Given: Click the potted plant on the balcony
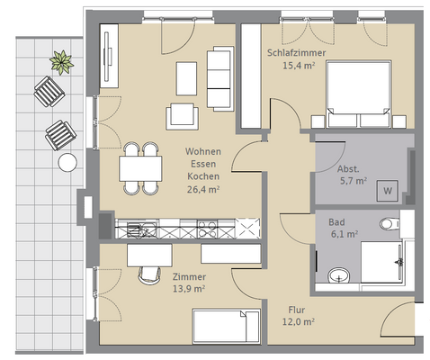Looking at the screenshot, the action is [x=61, y=62].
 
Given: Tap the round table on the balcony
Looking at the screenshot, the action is [x=67, y=162].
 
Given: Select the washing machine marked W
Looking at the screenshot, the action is [x=388, y=191].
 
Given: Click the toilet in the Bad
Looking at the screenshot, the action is [x=390, y=223].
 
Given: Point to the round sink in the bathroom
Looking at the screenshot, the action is [x=339, y=276].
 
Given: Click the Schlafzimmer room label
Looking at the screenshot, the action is [x=296, y=53].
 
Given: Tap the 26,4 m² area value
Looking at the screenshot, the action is [x=203, y=190].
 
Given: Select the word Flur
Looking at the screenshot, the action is [x=297, y=310].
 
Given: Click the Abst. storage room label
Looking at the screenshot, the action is [x=348, y=169].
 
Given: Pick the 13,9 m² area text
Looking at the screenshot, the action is [x=189, y=289].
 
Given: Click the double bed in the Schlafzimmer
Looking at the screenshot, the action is [x=359, y=94].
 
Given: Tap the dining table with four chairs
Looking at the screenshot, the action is [x=140, y=168].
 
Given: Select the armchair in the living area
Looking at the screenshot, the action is [x=182, y=116].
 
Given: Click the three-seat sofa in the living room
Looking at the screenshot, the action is [x=220, y=78].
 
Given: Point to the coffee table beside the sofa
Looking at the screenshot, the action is [x=186, y=78].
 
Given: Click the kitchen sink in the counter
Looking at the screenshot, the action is [x=141, y=229].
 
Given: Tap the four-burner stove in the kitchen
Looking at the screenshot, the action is [x=207, y=229].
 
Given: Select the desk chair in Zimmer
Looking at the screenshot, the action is [x=149, y=275].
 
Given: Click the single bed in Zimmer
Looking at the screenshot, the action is [x=226, y=327].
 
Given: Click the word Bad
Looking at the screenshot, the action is [x=336, y=222].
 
